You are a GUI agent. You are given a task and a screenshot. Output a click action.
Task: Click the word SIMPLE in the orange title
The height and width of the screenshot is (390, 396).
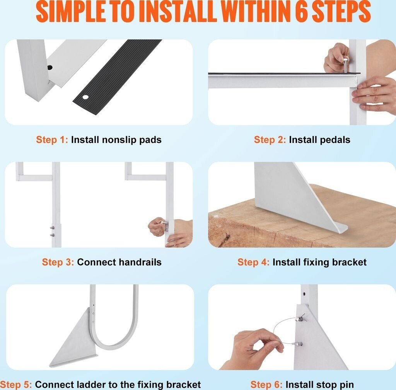click(x=70, y=11)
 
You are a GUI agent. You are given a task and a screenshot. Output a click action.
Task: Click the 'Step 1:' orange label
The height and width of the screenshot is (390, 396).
click(x=52, y=140)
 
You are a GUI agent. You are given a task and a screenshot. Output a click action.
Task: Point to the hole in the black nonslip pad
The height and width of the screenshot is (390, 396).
click(x=86, y=97)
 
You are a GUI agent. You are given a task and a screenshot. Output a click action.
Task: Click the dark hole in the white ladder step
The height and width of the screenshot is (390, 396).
click(x=50, y=67)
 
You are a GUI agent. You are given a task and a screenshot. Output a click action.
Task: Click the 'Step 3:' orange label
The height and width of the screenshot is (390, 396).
click(x=58, y=262)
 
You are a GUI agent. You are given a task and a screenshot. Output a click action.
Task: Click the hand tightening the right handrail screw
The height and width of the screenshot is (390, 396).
click(x=157, y=227)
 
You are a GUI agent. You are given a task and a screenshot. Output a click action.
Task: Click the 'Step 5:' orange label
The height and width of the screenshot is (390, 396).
click(x=16, y=385)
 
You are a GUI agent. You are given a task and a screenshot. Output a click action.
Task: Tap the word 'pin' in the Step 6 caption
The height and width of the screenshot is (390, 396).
click(x=346, y=385)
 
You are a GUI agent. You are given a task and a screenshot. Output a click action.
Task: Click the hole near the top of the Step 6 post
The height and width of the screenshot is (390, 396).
click(x=304, y=294)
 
